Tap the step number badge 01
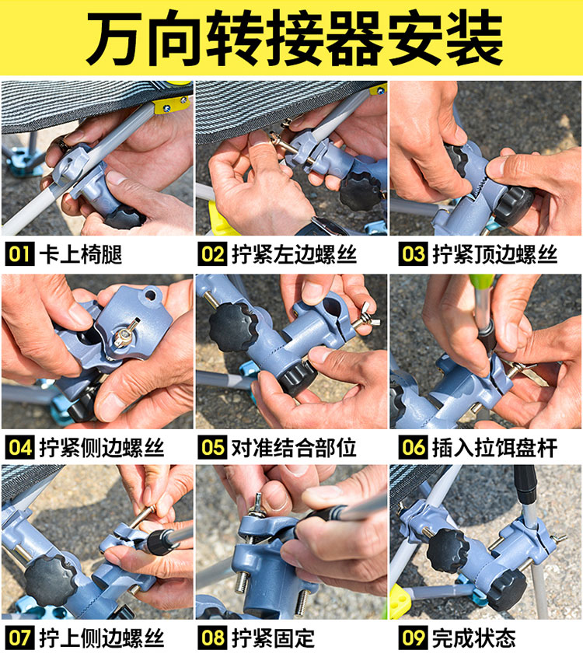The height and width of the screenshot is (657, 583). pos(19,254)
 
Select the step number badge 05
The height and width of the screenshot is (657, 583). pos(212,447)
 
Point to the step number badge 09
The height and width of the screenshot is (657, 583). pos(413,638)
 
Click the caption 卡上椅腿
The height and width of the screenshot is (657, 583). pos(80,254)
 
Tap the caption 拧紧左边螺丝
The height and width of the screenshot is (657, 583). pos(294,254)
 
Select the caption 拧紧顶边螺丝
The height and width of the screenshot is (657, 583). pos(494,254)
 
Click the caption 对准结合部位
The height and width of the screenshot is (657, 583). pos(294,447)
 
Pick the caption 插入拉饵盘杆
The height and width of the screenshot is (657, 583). pos(494,447)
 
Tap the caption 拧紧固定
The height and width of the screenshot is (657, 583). pos(273,638)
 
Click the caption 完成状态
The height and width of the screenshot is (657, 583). pos(473,638)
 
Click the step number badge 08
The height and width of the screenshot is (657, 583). pos(212,638)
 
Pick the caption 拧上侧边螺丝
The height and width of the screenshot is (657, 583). pos(101,638)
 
